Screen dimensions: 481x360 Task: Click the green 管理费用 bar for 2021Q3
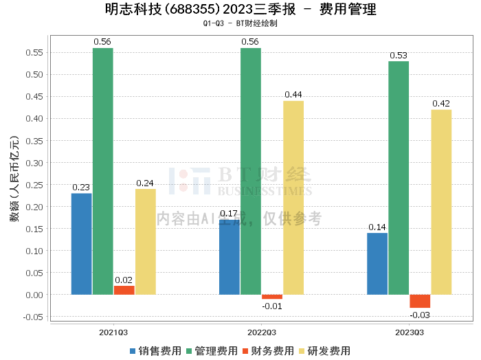pyautogui.click(x=103, y=171)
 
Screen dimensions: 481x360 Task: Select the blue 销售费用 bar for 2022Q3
pyautogui.click(x=230, y=257)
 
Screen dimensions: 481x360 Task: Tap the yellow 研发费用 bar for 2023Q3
pyautogui.click(x=441, y=202)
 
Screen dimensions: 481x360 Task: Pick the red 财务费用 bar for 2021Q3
pyautogui.click(x=124, y=290)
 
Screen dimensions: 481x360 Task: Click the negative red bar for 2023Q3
pyautogui.click(x=420, y=301)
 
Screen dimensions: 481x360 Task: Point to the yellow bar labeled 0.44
pyautogui.click(x=293, y=198)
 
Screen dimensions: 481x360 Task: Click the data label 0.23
pyautogui.click(x=81, y=188)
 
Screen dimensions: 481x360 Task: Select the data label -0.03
pyautogui.click(x=420, y=315)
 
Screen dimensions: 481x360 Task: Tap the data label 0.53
pyautogui.click(x=399, y=56)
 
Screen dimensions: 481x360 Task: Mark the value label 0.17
pyautogui.click(x=229, y=214)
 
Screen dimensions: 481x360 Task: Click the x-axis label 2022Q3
pyautogui.click(x=262, y=333)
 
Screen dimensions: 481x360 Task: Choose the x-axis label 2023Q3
pyautogui.click(x=410, y=333)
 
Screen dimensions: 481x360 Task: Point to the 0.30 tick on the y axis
pyautogui.click(x=34, y=163)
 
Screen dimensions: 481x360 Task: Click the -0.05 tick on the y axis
pyautogui.click(x=33, y=317)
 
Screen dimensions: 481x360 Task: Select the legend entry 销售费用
pyautogui.click(x=155, y=351)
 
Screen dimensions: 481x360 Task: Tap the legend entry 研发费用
pyautogui.click(x=324, y=351)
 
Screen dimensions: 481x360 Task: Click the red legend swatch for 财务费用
pyautogui.click(x=245, y=351)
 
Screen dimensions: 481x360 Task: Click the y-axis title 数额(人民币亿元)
pyautogui.click(x=14, y=179)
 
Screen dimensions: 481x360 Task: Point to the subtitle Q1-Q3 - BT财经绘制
pyautogui.click(x=240, y=23)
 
